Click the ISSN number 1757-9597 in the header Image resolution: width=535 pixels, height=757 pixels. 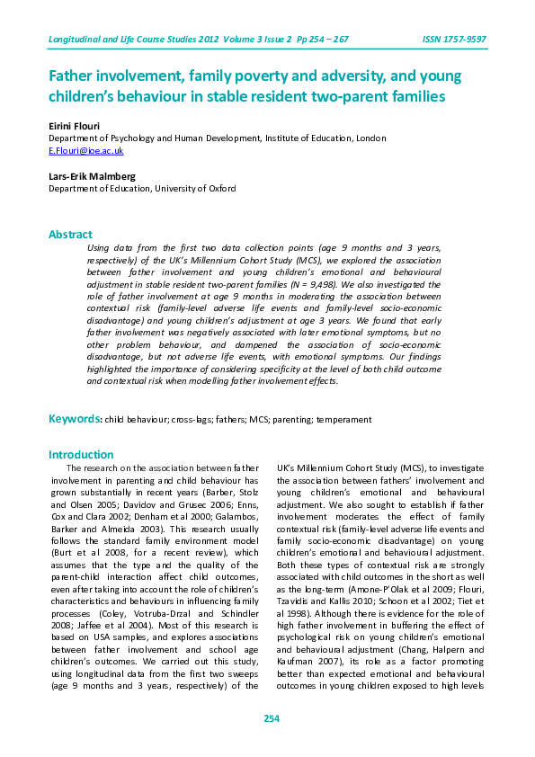coord(457,40)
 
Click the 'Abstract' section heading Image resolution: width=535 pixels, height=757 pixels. coord(70,235)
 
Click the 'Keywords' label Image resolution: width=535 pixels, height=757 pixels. coord(74,419)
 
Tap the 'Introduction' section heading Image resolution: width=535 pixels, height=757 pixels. coord(81,455)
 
